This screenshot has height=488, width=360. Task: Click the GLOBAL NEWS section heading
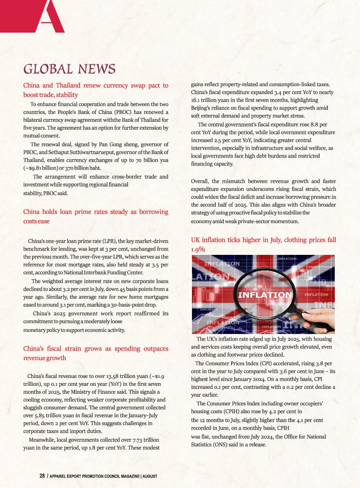(x=69, y=69)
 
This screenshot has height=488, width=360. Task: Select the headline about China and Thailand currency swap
(x=95, y=90)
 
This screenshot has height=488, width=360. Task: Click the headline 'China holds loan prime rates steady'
(x=95, y=216)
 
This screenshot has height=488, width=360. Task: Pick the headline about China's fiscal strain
(x=95, y=353)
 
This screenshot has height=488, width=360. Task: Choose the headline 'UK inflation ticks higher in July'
(x=263, y=244)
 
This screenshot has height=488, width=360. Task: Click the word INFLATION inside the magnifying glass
(x=264, y=295)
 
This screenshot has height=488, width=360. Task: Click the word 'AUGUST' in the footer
(x=149, y=476)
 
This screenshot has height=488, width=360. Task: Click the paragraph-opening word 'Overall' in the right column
(x=201, y=181)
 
